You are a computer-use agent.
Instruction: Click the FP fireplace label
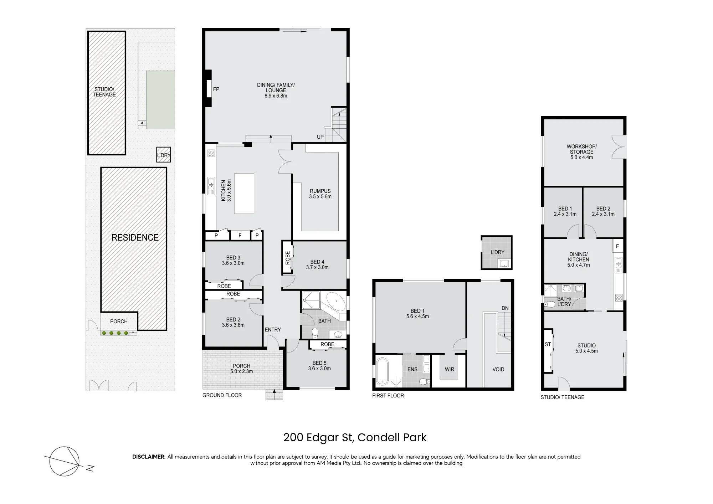216,89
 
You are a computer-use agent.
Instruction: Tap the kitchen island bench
244,194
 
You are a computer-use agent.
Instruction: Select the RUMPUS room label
320,191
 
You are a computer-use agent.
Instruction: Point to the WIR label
450,369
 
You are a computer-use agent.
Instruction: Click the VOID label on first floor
498,369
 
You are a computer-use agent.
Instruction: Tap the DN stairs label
505,308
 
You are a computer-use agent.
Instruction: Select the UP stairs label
320,137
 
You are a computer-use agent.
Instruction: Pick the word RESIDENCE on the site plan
135,237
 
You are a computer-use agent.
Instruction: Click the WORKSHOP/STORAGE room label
582,149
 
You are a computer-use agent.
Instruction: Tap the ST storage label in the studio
548,344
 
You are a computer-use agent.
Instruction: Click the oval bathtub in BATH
335,303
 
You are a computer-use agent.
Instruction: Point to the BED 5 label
319,363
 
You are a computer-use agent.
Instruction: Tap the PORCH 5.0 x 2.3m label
242,369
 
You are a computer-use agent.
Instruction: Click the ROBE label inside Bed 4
288,258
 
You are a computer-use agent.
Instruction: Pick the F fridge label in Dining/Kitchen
617,246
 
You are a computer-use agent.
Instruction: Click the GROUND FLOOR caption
222,395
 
